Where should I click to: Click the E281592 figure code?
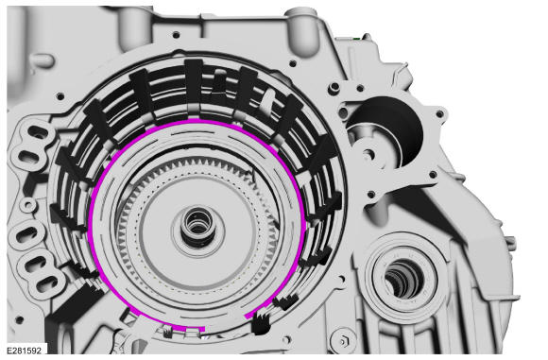click(x=24, y=351)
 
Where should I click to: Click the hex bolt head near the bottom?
click(x=343, y=340)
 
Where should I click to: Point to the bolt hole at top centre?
click(x=177, y=35)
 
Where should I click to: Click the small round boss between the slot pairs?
click(x=28, y=205)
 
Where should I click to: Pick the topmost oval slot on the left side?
click(x=38, y=132)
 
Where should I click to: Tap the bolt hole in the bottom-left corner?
click(x=20, y=319)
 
